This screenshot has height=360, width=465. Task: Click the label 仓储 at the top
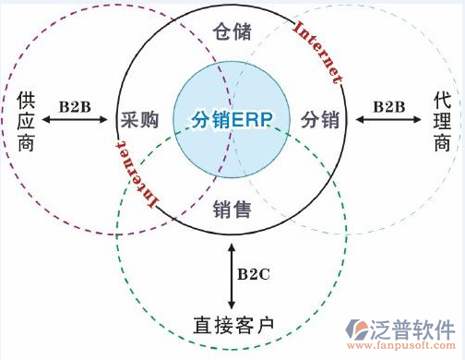(x=232, y=31)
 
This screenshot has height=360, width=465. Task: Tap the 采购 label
(x=140, y=120)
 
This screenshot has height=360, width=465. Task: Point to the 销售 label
(x=232, y=209)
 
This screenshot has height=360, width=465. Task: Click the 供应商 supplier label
(x=25, y=119)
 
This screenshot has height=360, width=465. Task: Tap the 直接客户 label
(x=233, y=324)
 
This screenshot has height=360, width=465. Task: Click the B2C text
(x=253, y=274)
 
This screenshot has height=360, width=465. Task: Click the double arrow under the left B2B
(x=76, y=120)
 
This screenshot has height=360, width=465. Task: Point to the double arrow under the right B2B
(x=388, y=120)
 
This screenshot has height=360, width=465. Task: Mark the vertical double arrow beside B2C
(x=232, y=275)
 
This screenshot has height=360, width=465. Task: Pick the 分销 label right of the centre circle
(x=319, y=120)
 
